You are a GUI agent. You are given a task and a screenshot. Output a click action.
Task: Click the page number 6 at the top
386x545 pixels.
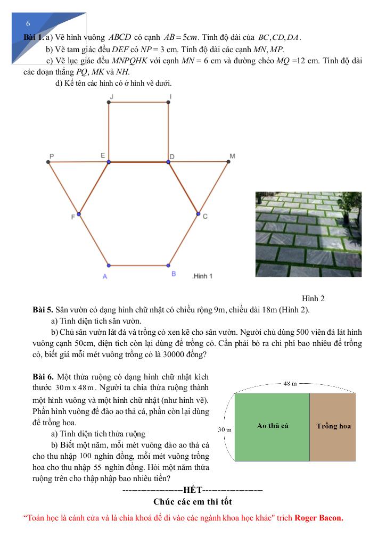[x=28, y=24]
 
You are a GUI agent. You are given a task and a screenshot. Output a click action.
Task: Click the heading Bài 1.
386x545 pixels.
[x=34, y=38]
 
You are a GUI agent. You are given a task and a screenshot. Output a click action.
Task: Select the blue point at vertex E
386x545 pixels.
[x=109, y=161]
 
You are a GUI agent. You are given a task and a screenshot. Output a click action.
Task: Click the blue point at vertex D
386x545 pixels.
[x=169, y=161]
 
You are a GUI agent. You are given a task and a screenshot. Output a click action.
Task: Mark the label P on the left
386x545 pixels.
[x=52, y=156]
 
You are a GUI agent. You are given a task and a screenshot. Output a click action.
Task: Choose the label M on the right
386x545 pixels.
[x=232, y=156]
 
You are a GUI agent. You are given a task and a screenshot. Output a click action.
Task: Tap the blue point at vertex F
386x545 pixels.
[x=79, y=214]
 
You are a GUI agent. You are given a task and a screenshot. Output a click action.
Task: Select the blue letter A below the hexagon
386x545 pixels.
[x=105, y=276]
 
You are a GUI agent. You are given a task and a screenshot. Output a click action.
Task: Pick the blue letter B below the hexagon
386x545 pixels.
[x=174, y=274]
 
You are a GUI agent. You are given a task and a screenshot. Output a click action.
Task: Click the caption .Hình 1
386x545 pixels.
[x=202, y=276]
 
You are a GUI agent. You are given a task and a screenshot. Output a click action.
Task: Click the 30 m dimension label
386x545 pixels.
[x=225, y=429]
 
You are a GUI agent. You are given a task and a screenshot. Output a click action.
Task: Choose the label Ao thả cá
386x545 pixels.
[x=273, y=426]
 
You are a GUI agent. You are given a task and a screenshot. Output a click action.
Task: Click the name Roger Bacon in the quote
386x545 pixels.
[x=318, y=518]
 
